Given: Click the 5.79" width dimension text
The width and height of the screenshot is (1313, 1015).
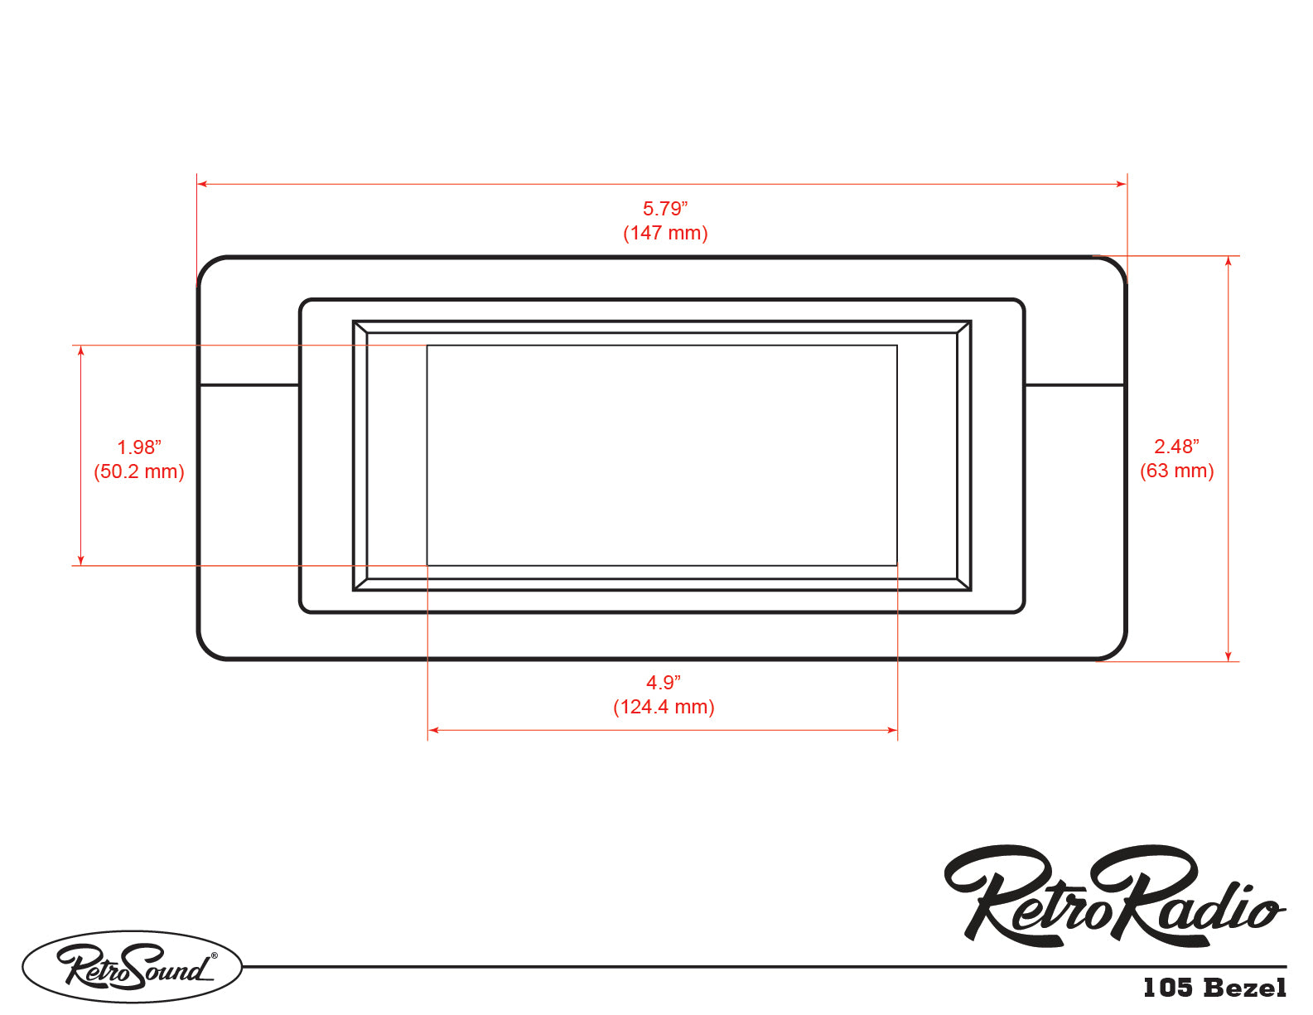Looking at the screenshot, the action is [665, 209].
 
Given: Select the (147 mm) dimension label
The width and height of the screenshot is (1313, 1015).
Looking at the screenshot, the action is [665, 233].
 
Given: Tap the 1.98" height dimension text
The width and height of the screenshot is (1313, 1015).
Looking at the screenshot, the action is [139, 447].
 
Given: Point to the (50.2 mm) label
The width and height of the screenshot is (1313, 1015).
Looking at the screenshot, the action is [139, 471].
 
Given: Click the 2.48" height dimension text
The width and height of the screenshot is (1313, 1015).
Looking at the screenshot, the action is [1176, 447].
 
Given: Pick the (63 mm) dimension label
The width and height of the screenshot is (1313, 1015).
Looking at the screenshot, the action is [1177, 471].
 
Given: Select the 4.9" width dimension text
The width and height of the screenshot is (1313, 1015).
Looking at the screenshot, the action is [664, 683].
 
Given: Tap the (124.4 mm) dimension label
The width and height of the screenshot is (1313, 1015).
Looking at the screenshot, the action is [664, 707].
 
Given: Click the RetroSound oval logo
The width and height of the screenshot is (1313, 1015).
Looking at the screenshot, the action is [133, 967].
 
